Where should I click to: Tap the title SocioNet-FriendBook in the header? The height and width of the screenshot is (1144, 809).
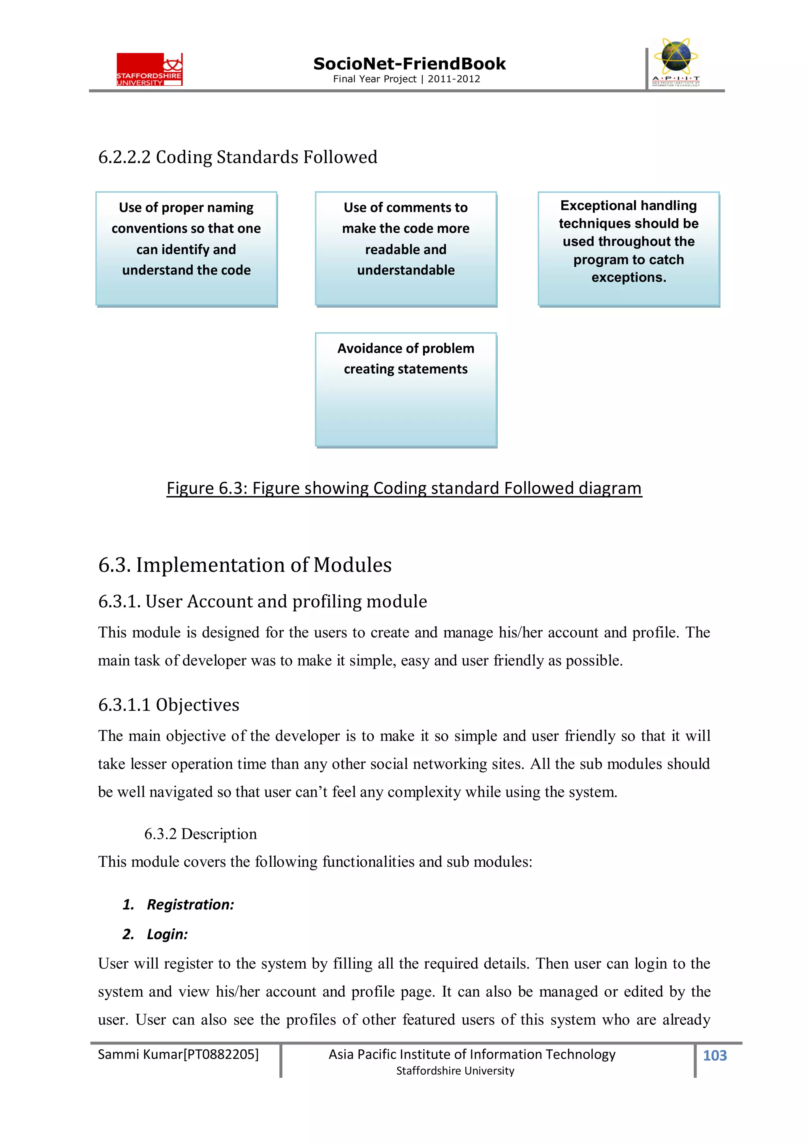point(409,64)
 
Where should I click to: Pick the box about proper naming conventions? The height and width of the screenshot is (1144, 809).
point(186,249)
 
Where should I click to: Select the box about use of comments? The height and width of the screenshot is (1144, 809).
point(406,249)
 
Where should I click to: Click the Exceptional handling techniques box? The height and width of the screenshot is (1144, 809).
point(628,249)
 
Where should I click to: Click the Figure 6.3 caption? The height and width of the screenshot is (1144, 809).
point(404,488)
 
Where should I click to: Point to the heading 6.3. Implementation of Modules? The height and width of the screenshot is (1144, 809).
point(245,565)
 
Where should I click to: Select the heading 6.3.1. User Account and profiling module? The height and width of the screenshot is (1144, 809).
point(262,601)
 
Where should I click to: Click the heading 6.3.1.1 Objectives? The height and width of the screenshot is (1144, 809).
point(169,704)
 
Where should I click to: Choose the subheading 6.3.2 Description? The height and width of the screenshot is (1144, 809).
point(200,834)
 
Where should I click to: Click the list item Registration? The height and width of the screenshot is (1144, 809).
point(190,904)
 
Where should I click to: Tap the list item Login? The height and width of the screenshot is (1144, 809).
point(167,934)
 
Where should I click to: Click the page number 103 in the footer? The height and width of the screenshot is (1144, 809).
point(714,1055)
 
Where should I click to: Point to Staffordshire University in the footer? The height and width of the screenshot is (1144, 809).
point(455,1071)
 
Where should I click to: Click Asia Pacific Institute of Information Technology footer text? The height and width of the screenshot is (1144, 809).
point(472,1054)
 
